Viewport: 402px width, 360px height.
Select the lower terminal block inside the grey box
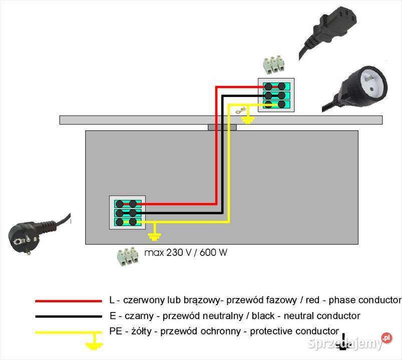click(x=127, y=212)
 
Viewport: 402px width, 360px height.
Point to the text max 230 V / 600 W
click(x=186, y=252)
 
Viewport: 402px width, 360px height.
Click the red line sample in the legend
click(x=68, y=301)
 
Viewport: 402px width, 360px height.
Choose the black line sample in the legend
click(x=68, y=316)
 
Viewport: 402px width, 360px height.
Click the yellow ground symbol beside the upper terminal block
click(x=248, y=118)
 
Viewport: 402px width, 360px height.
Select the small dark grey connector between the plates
click(x=222, y=127)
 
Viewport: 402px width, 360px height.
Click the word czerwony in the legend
click(x=141, y=300)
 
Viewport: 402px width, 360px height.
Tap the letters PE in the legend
click(x=115, y=331)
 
